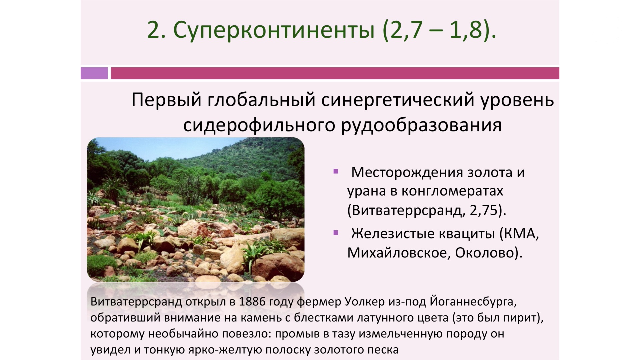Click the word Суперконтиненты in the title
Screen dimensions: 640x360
[x=274, y=30]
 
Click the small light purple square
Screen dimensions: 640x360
[x=94, y=73]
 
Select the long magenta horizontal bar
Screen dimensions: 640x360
[x=335, y=73]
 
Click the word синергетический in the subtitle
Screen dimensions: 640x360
[x=398, y=100]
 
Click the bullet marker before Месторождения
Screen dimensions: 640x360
[x=336, y=172]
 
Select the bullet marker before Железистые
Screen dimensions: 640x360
[x=336, y=233]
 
